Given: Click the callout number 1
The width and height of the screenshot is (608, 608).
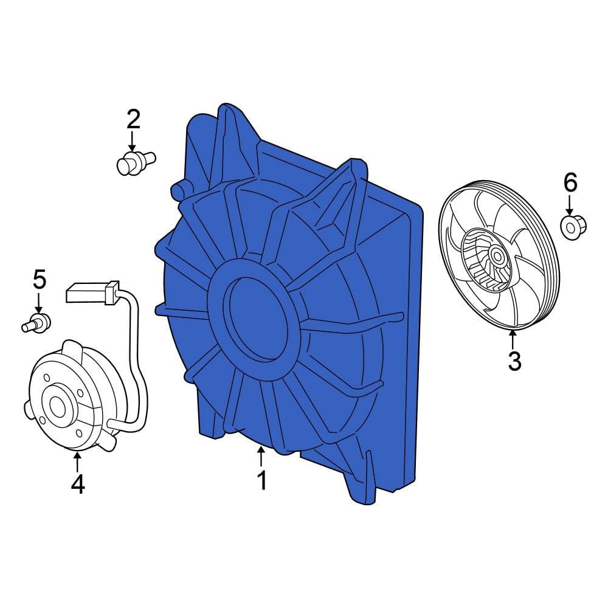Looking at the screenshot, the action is pyautogui.click(x=262, y=480).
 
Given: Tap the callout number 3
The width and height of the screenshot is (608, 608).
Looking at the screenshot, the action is pyautogui.click(x=514, y=361).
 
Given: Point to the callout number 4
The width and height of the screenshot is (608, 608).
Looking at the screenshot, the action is pyautogui.click(x=78, y=485).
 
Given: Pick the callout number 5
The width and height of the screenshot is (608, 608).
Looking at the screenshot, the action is pyautogui.click(x=40, y=279).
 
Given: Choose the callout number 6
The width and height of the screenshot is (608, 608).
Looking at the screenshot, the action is pyautogui.click(x=570, y=182).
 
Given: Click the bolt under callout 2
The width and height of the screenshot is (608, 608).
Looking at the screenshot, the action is pyautogui.click(x=136, y=163).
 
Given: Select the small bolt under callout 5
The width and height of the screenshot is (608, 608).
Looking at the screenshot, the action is pyautogui.click(x=36, y=323).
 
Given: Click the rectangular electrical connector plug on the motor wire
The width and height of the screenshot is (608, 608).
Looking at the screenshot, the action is pyautogui.click(x=92, y=292).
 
